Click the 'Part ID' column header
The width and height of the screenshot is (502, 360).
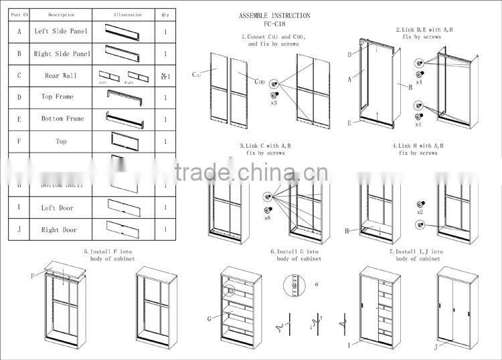click(19, 14)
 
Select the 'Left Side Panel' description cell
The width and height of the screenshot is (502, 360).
click(61, 31)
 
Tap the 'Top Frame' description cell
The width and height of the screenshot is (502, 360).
click(61, 97)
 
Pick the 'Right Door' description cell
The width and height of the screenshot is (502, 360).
click(61, 230)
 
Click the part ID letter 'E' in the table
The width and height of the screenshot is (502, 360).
click(19, 119)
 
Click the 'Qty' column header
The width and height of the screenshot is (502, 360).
click(165, 14)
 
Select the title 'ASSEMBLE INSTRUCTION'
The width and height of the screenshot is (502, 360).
click(274, 15)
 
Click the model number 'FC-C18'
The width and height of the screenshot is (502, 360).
click(274, 23)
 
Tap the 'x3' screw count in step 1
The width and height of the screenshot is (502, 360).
click(274, 104)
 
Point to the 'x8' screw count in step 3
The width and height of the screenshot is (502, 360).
click(268, 217)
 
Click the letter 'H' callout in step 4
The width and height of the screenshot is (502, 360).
click(347, 231)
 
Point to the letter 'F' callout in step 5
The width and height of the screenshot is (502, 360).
click(31, 276)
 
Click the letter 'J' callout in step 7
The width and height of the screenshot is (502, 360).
click(434, 347)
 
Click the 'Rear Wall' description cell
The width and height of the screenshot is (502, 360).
click(61, 76)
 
